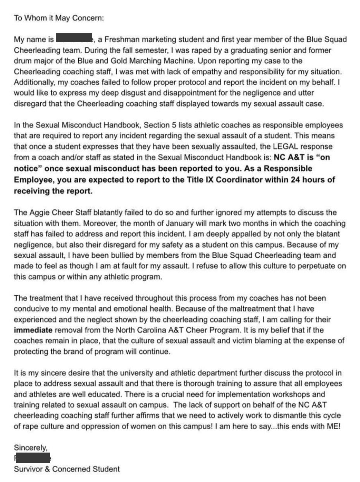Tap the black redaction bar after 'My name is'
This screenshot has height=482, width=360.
(x=74, y=39)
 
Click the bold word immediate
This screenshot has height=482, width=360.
(x=33, y=331)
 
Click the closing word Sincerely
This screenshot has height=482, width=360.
(x=31, y=448)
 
